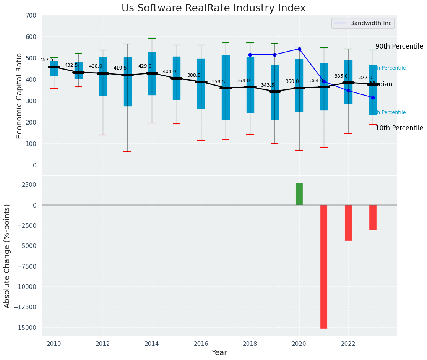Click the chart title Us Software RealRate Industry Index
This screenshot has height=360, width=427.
coord(213,8)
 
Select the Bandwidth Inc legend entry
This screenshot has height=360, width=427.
coord(362,23)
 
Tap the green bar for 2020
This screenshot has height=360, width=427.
coord(299,194)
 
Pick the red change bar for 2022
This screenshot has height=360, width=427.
coord(348,222)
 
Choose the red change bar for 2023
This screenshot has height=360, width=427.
coord(373,217)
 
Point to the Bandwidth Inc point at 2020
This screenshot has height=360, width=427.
coord(299,49)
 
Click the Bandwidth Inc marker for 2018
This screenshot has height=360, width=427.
coord(250,55)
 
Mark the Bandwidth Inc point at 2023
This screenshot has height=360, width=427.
coord(373,97)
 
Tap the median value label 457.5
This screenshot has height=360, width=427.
coord(47,60)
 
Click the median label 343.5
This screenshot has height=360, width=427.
coord(268,85)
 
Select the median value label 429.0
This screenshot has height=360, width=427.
coord(145,66)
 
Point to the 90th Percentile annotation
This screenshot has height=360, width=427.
coord(399,46)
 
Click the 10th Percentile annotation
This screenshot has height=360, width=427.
coord(399,128)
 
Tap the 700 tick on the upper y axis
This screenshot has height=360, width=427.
coord(31,15)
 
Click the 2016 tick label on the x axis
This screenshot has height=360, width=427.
coord(201,344)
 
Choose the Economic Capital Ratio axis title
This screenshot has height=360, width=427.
coord(19,96)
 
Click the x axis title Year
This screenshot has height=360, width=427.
coord(219,353)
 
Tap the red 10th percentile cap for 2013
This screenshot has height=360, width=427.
coord(127,152)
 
